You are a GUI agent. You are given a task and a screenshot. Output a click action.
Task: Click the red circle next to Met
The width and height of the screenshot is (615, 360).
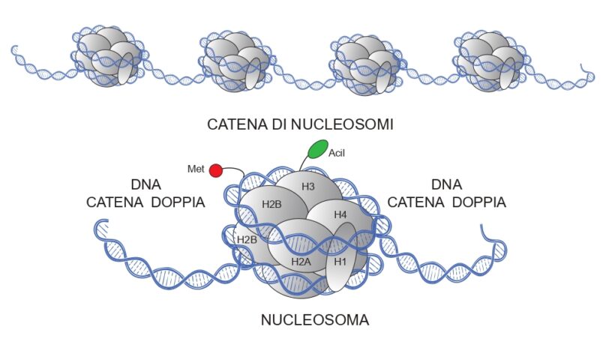pos(215,170)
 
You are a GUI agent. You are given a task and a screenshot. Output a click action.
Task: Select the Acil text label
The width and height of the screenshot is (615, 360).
pos(337,153)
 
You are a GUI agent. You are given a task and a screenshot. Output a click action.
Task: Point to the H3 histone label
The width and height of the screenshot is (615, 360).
pos(308,185)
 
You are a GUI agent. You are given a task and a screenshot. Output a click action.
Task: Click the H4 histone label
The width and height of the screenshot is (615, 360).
pos(340,214)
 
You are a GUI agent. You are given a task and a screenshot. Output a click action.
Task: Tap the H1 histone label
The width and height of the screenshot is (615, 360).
pos(340,261)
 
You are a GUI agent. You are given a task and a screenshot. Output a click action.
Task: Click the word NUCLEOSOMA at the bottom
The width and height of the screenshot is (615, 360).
pos(315,320)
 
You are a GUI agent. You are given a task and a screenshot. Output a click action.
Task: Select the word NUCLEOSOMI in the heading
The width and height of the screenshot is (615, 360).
pos(349,124)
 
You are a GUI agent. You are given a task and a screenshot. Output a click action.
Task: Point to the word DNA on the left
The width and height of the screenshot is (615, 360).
pos(145,184)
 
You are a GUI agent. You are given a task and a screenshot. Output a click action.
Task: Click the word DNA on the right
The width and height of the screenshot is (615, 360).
pos(447,184)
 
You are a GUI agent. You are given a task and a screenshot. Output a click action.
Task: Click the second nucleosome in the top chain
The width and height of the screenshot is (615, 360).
pos(235,60)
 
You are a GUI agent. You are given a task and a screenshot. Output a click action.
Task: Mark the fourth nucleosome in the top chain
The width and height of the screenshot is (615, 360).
pos(488,59)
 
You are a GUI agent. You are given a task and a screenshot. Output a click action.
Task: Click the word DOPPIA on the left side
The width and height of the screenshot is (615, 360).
pos(178,202)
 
